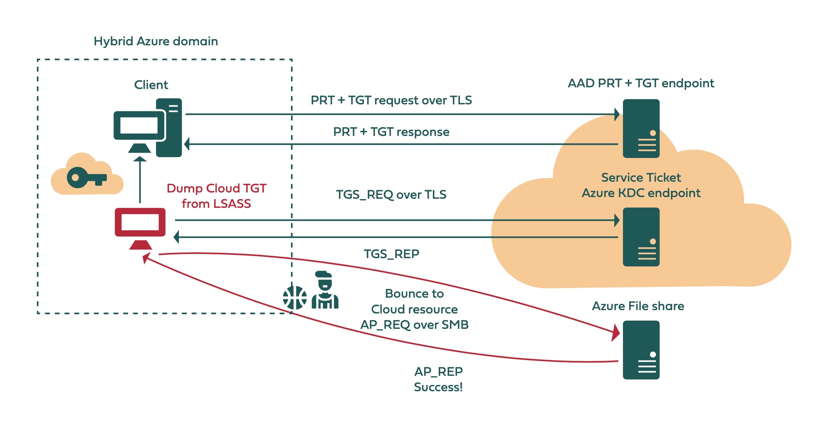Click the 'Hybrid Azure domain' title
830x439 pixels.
[156, 41]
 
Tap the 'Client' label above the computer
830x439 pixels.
[151, 85]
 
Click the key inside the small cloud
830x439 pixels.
[86, 178]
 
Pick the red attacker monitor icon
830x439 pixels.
[140, 227]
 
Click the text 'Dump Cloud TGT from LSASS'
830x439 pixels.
[216, 196]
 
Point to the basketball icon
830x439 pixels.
[294, 298]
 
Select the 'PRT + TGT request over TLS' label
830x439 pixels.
[391, 100]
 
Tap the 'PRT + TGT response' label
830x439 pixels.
[391, 132]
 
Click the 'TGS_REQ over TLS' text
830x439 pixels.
[391, 195]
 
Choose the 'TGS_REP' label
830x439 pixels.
[391, 254]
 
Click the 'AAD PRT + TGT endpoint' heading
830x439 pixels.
[641, 83]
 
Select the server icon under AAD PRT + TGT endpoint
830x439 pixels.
[641, 128]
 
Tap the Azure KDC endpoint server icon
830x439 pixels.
[641, 237]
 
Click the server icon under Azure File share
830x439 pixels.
[641, 350]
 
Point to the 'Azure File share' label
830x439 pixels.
[638, 306]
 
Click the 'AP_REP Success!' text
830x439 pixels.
[438, 379]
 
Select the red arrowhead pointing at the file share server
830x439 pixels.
[615, 333]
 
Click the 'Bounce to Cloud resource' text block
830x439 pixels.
[414, 301]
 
